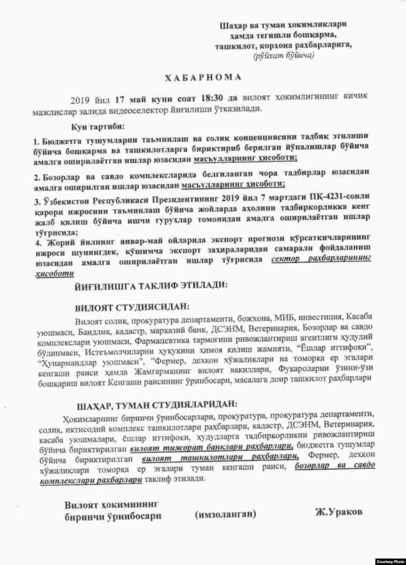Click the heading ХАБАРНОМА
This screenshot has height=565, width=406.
coord(203,78)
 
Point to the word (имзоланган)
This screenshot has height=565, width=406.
coord(226,514)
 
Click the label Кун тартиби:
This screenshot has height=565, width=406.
coord(98,127)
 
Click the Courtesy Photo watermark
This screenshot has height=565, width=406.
coord(390,561)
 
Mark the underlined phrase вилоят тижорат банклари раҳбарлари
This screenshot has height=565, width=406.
coord(211,448)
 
